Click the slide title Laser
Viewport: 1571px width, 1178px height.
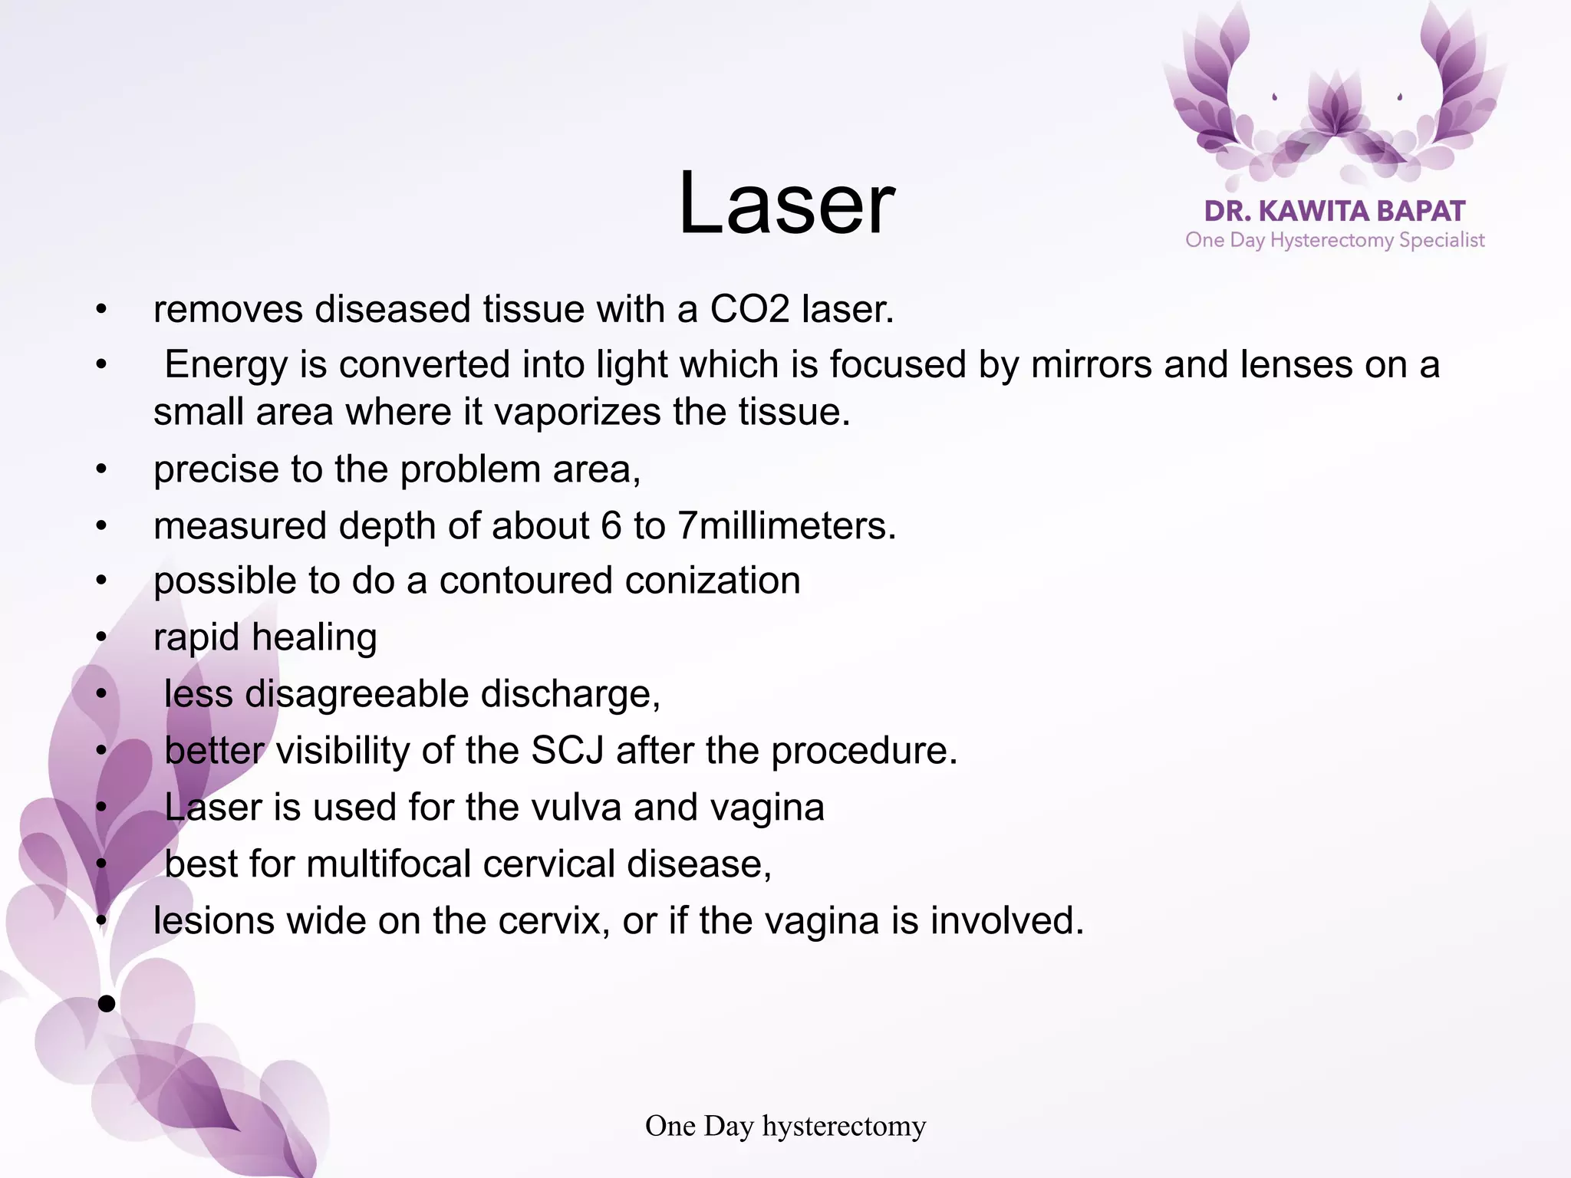click(x=785, y=204)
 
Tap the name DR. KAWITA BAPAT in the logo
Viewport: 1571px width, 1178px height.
click(x=1335, y=211)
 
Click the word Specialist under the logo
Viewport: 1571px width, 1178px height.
click(x=1441, y=240)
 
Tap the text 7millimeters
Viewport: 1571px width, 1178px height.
click(x=786, y=526)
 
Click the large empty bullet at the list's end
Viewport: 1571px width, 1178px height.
click(x=107, y=1003)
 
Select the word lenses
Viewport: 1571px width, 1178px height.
click(x=1296, y=364)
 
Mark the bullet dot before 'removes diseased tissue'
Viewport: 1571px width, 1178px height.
click(x=101, y=311)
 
